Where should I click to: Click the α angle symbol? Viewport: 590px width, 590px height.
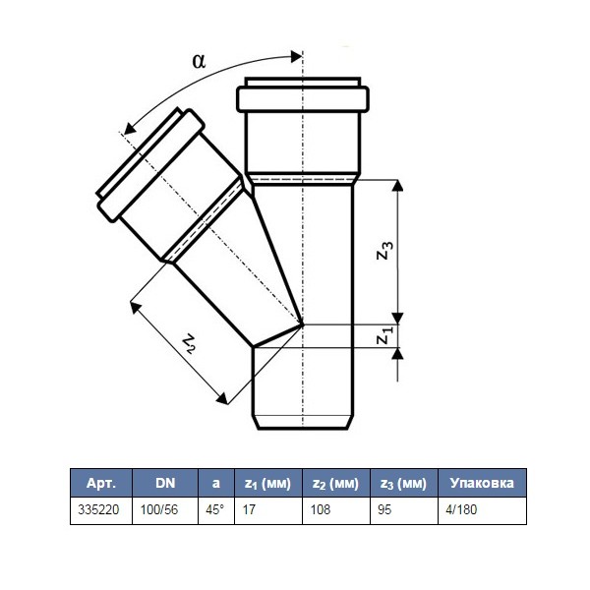pos(199,61)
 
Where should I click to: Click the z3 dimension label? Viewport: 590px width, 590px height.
pos(384,250)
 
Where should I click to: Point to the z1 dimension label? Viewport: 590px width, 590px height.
pos(384,335)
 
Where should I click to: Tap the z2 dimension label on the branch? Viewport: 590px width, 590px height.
pos(189,344)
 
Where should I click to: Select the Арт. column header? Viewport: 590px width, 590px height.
pos(101,483)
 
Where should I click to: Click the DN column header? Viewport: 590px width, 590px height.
pos(165,483)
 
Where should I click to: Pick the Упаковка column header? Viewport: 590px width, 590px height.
pos(482,483)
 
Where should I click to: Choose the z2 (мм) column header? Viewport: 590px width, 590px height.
pos(335,484)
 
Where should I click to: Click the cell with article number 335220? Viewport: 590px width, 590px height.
pos(98,509)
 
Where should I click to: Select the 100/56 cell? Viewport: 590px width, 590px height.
pos(159,509)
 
